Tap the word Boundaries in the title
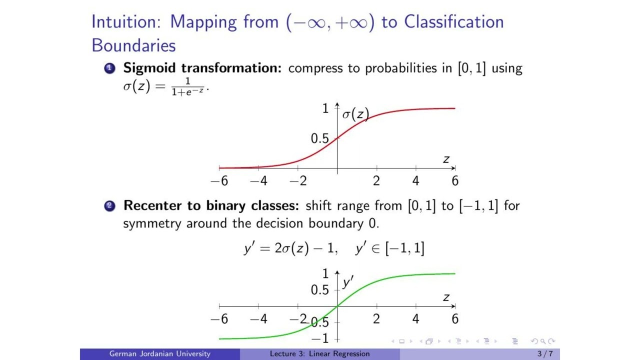click(133, 45)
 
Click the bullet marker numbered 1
click(109, 68)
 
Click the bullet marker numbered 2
click(109, 206)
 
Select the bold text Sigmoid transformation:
click(202, 68)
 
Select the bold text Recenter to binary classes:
click(211, 205)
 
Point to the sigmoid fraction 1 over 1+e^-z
click(188, 87)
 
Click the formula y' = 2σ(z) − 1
click(290, 248)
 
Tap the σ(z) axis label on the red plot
click(355, 114)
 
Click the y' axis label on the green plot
click(347, 282)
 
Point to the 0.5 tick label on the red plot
click(319, 138)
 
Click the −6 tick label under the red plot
click(219, 181)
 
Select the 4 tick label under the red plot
click(415, 181)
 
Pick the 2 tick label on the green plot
click(376, 319)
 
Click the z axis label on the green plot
click(446, 298)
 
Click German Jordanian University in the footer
click(160, 354)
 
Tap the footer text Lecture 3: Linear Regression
click(319, 354)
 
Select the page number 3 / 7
click(545, 354)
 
